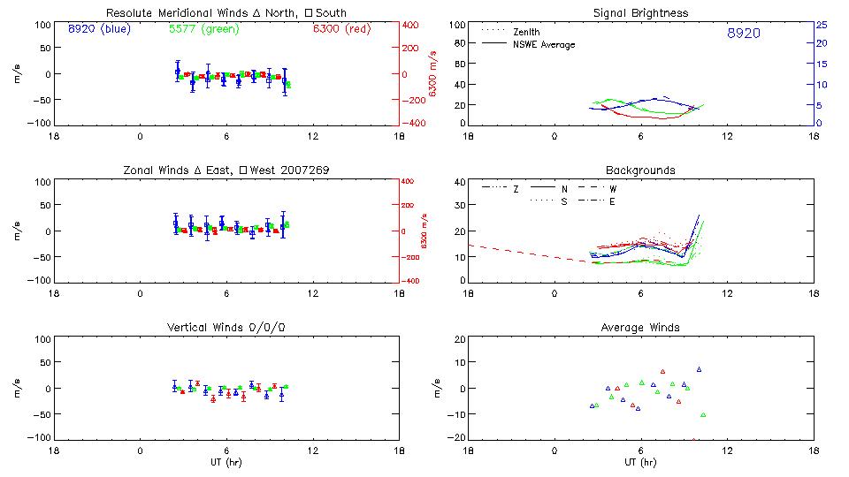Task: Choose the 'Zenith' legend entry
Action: [526, 32]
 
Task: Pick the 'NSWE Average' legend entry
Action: [544, 44]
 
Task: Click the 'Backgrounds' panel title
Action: [640, 170]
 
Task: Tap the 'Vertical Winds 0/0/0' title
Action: [226, 328]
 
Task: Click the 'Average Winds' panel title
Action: [640, 328]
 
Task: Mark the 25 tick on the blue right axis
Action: [821, 25]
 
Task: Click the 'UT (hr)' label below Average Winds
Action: [640, 462]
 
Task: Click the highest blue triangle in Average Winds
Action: [699, 369]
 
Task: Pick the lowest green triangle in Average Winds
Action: [703, 414]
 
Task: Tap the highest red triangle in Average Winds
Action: [662, 372]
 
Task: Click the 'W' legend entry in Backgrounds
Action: [613, 189]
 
